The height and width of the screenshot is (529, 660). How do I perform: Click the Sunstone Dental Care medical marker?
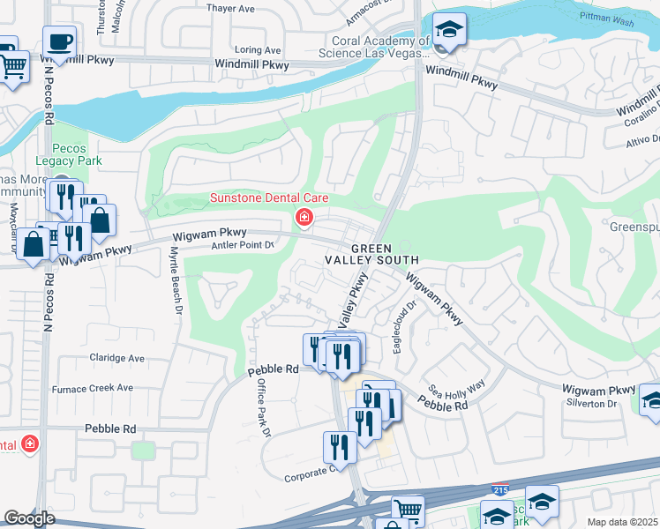[x=303, y=216]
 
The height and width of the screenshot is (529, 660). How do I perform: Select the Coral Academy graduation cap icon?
[x=450, y=30]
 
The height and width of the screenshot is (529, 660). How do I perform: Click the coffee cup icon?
[x=59, y=41]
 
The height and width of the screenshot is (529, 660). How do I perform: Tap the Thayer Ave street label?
[x=229, y=9]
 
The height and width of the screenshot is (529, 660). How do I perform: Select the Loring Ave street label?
[x=258, y=50]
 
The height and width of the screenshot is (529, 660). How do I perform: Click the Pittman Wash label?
[x=606, y=17]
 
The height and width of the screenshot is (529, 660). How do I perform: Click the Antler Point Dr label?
[x=243, y=245]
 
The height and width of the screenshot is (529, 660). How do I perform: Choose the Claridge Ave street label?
[x=116, y=359]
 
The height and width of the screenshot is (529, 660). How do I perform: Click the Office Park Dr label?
[x=262, y=408]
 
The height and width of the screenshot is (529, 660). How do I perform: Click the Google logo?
[x=29, y=518]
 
